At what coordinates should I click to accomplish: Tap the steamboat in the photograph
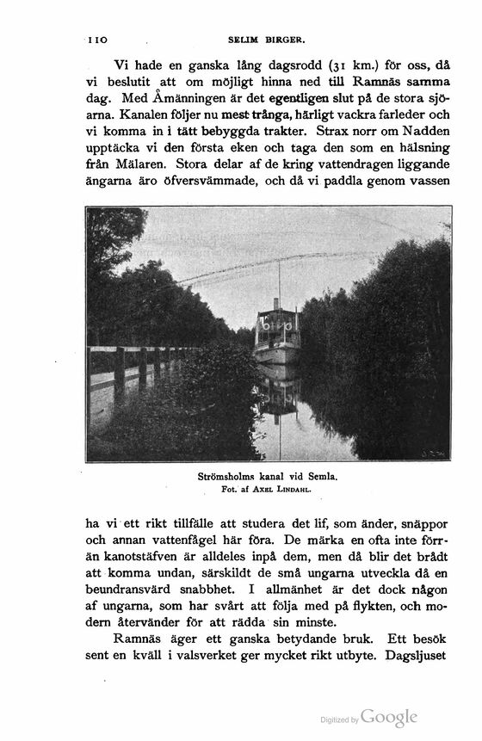coord(277,332)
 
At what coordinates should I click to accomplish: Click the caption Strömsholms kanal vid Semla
coord(267,476)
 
